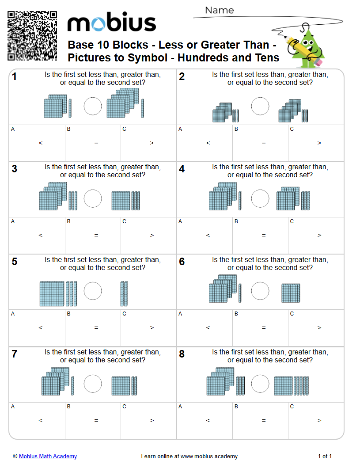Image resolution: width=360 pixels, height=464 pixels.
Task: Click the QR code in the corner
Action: pos(32,36)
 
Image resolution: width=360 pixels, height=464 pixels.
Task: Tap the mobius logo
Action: pos(111,23)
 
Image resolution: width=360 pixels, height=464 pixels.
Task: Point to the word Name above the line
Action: pos(219,10)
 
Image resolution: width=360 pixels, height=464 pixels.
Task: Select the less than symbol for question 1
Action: pos(41,143)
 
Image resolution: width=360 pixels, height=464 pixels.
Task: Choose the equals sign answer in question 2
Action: pos(264,143)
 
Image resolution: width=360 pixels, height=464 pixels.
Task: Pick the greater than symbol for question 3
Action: pos(152,236)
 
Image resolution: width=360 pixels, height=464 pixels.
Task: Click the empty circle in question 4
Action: pos(260,198)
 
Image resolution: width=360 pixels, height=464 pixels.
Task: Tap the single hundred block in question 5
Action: pos(52,294)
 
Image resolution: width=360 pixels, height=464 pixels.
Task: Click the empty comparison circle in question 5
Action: pos(93,291)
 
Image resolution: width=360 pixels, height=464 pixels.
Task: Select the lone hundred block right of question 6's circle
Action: pos(291,293)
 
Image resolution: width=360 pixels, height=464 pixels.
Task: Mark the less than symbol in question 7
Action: pos(41,421)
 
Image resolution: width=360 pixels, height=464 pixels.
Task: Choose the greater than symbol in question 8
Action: pos(319,421)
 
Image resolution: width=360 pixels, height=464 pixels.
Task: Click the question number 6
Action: pos(182,262)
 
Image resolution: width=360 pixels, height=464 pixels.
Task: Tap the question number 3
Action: pos(15,169)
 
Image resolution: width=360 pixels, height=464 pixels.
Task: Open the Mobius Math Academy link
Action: pos(48,456)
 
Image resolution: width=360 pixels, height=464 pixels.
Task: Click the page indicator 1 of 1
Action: pos(325,456)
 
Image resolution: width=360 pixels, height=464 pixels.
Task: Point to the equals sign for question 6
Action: pos(264,328)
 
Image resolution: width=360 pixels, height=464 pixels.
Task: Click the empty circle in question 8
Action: pos(260,384)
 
